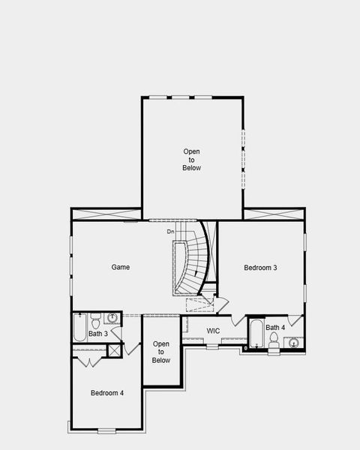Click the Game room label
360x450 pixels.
click(121, 267)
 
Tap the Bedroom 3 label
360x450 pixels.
click(261, 268)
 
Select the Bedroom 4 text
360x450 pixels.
click(107, 393)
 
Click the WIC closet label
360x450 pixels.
click(213, 330)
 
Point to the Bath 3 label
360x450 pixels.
click(98, 334)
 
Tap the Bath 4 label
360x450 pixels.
click(275, 328)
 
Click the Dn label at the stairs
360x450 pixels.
click(170, 231)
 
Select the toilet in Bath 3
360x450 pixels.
click(96, 319)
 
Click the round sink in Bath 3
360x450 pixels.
click(113, 318)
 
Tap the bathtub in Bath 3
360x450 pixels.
click(79, 328)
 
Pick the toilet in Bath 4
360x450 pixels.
click(274, 340)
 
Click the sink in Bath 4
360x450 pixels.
click(293, 343)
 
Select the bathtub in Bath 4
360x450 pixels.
click(256, 334)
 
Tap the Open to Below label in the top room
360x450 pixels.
click(192, 160)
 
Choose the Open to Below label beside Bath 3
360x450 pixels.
click(161, 352)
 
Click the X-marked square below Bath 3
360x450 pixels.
click(115, 350)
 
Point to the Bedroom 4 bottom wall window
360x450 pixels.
click(107, 430)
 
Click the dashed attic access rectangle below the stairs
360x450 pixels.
click(199, 304)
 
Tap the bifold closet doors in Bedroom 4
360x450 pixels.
click(90, 362)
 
